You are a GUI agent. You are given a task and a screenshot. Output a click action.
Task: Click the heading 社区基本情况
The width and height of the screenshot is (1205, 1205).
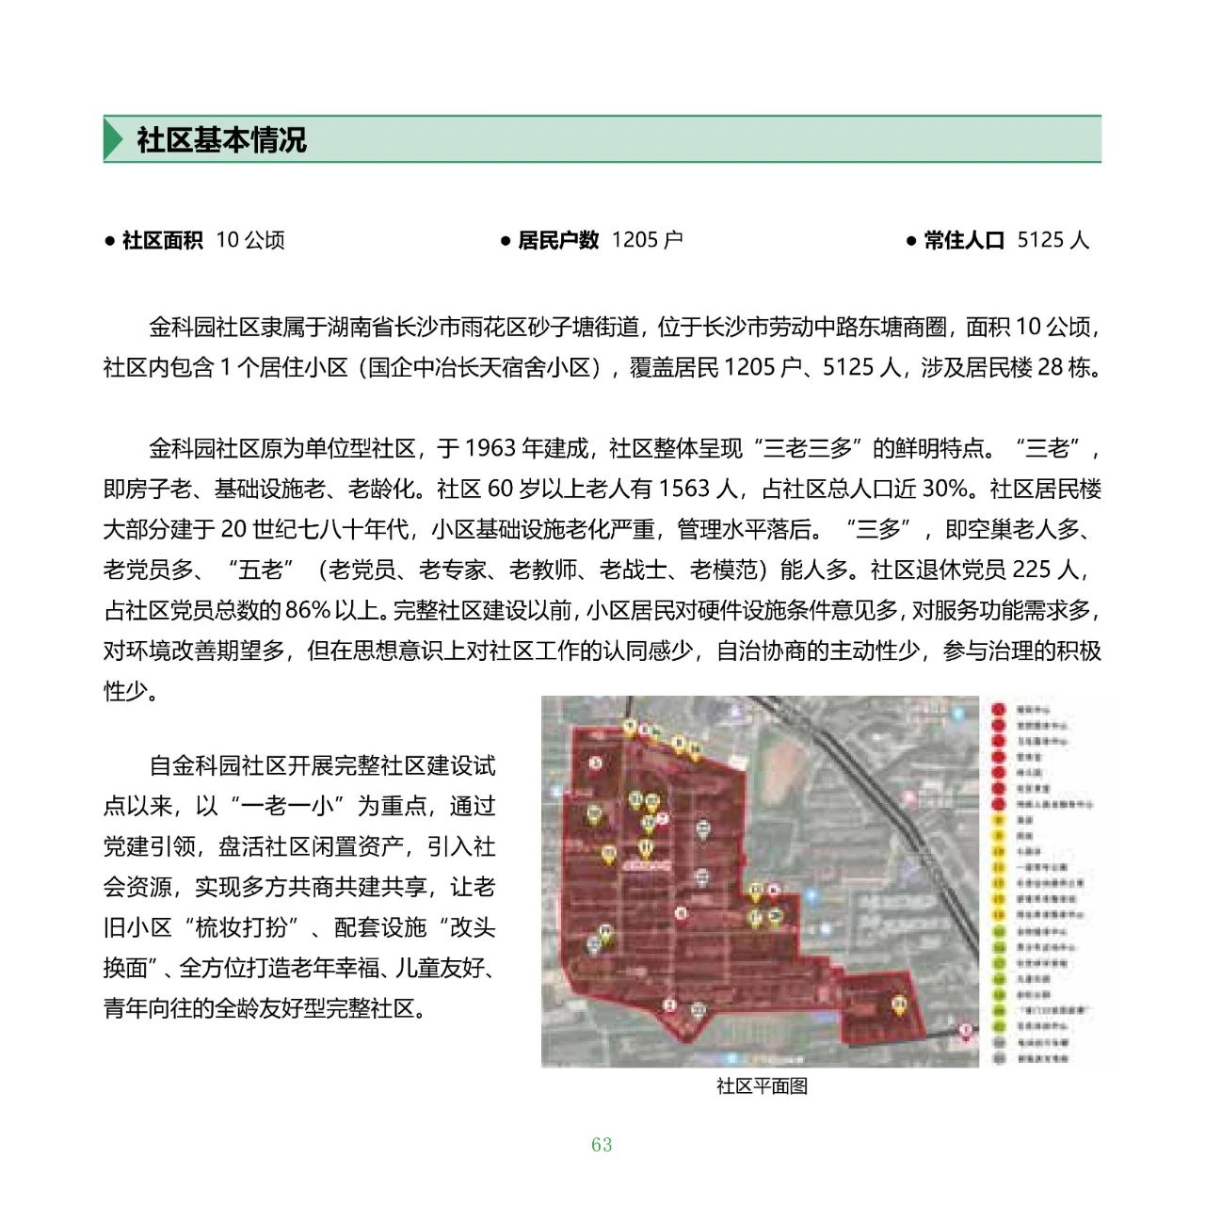(221, 140)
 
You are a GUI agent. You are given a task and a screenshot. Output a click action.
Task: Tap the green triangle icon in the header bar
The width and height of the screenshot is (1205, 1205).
(113, 140)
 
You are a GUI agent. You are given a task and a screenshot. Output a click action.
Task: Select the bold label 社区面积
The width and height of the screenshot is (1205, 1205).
(162, 240)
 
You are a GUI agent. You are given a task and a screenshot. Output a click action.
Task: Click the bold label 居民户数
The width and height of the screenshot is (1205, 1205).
(557, 240)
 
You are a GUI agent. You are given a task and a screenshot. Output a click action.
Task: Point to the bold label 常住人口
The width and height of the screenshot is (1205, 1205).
(964, 240)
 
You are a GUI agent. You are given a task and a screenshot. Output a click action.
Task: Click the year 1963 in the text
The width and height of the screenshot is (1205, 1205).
(490, 448)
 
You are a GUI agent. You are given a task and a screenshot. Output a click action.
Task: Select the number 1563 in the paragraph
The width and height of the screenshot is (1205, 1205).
(684, 489)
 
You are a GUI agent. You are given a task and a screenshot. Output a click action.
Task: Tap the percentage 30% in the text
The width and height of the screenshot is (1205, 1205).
(945, 489)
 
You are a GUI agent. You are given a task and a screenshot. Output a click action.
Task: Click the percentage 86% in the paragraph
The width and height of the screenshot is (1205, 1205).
(308, 610)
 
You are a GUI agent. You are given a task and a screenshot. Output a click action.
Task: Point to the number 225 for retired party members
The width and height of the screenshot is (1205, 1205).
(1032, 570)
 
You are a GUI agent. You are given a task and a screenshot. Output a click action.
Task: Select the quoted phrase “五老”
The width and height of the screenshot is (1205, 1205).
(261, 570)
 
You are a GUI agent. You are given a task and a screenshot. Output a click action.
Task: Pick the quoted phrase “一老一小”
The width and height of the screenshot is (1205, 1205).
(281, 806)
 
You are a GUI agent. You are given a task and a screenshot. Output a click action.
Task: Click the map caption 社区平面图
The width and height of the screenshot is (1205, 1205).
(762, 1085)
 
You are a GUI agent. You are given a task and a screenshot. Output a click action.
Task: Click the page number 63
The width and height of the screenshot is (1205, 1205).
(602, 1145)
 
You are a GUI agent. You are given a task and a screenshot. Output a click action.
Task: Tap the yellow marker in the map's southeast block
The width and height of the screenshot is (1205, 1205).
(899, 1005)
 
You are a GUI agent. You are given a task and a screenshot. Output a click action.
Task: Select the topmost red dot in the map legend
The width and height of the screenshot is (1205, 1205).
(999, 709)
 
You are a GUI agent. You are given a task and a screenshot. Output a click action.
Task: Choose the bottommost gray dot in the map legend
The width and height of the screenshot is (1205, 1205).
(999, 1058)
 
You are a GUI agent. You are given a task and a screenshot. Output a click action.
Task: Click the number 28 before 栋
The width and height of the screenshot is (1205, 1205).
(1051, 367)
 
